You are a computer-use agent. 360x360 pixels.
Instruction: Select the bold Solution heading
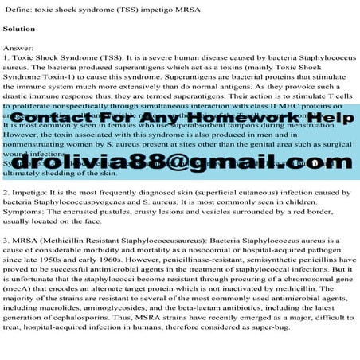coord(20,29)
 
